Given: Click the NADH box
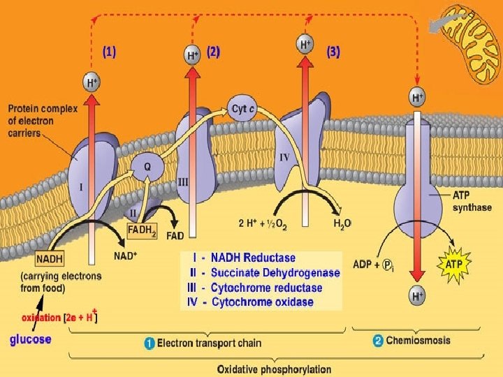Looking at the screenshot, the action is click(x=50, y=259).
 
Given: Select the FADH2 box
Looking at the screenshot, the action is click(x=142, y=231).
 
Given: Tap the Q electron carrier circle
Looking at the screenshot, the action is click(x=147, y=167).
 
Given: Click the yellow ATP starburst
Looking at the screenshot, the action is click(x=454, y=264).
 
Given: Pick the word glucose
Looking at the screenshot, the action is click(x=31, y=339).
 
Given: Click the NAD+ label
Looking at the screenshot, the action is click(x=126, y=256).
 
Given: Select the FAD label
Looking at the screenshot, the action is click(x=175, y=236).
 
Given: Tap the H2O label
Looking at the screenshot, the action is click(x=342, y=223).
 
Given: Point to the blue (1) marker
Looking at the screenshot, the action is click(x=110, y=52).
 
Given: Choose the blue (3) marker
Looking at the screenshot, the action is click(x=333, y=52).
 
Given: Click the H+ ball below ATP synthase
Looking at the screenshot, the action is click(x=417, y=295).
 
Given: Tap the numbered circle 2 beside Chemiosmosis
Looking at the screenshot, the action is click(x=378, y=341).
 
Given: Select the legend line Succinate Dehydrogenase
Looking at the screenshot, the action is click(x=265, y=272).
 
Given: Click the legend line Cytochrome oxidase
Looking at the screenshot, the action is click(x=250, y=302).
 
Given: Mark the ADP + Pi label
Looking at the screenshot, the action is click(x=373, y=265).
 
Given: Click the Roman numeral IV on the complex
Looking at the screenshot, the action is click(x=284, y=157).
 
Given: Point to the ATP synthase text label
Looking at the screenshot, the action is click(x=472, y=201).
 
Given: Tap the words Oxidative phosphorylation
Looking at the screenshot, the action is click(x=275, y=369).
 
